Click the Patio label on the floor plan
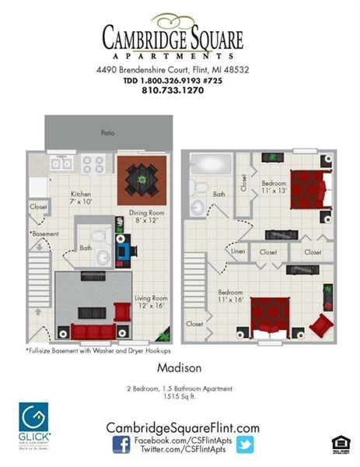108,133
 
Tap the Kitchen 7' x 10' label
82,198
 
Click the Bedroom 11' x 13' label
273,188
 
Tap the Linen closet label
236,251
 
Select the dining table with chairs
142,179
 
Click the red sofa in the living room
92,332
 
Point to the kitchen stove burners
95,163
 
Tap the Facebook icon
121,444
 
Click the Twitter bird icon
246,444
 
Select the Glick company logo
34,424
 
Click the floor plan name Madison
180,367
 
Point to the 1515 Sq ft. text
180,397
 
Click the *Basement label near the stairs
46,233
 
